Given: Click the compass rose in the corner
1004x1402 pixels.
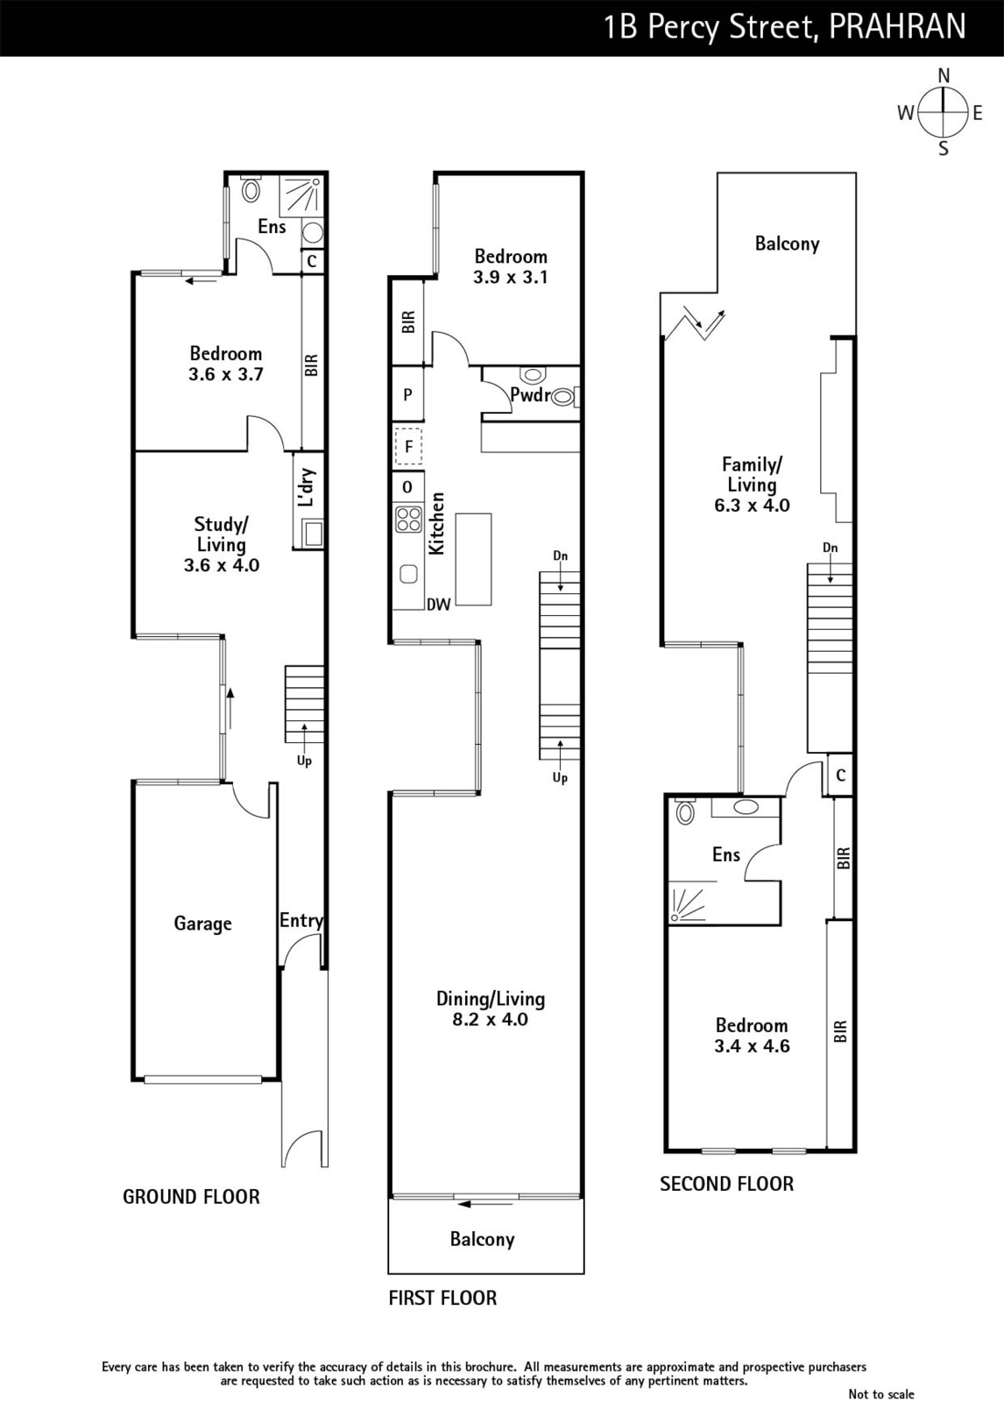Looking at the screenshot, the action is tap(944, 113).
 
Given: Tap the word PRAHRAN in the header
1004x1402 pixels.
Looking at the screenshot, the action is tap(897, 27).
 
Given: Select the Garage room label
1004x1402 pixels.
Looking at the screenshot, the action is tap(202, 924).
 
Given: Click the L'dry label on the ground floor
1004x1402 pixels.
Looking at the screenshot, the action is tap(307, 487).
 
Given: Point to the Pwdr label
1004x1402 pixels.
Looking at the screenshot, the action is tap(530, 395).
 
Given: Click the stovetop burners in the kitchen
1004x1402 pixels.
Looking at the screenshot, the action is tap(408, 520).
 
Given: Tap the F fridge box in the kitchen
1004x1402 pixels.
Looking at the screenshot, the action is tap(409, 446).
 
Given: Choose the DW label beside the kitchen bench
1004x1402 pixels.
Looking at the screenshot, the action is tap(439, 605).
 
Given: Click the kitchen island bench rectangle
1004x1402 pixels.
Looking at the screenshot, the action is tap(473, 559).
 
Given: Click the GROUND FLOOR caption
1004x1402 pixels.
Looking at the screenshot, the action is tap(191, 1197).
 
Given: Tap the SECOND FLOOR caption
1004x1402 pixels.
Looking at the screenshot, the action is tap(726, 1184).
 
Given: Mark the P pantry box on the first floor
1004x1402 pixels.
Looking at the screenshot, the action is tap(408, 394).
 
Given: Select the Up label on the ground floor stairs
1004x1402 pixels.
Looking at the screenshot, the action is tap(304, 761).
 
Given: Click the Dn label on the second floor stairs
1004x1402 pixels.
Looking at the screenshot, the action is tap(830, 548).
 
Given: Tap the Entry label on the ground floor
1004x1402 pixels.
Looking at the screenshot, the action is tap(301, 920).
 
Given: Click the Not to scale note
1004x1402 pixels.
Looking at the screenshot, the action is tap(881, 1394).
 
